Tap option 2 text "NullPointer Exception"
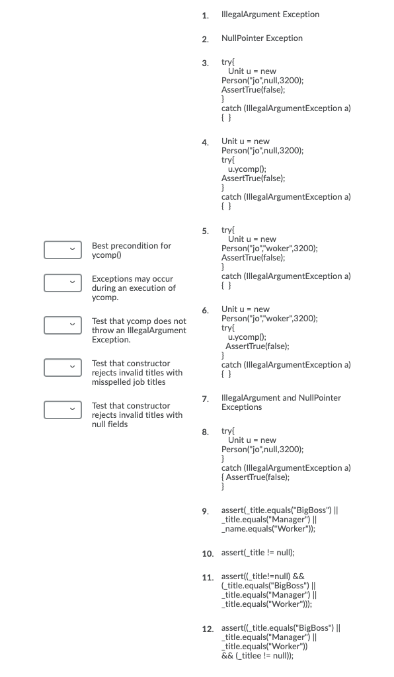[262, 38]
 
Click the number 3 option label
[206, 63]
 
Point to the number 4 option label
[206, 142]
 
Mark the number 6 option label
[206, 310]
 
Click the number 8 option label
[206, 432]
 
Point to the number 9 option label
[206, 511]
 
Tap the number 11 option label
[207, 577]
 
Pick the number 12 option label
[207, 627]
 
